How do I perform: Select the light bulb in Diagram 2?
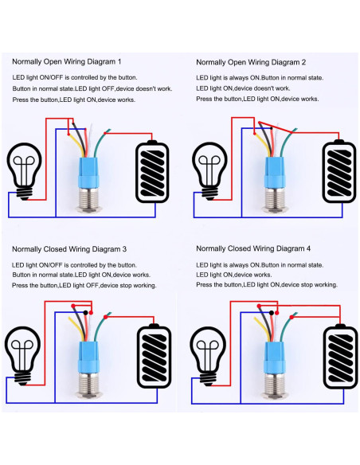pyautogui.click(x=209, y=170)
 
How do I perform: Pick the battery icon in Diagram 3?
pyautogui.click(x=153, y=357)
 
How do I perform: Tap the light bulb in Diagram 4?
pyautogui.click(x=209, y=355)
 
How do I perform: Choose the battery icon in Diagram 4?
pyautogui.click(x=338, y=357)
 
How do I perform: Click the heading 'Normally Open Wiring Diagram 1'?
pyautogui.click(x=67, y=61)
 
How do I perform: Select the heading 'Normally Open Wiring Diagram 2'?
pyautogui.click(x=251, y=61)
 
